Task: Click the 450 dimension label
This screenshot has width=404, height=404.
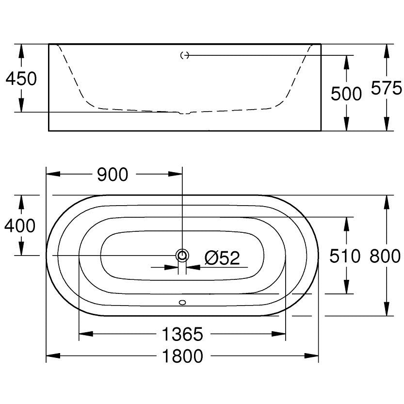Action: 21,79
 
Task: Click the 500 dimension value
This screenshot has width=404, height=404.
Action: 346,94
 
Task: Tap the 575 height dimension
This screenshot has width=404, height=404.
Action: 386,88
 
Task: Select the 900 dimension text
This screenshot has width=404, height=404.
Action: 113,175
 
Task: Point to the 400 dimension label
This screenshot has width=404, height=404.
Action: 20,226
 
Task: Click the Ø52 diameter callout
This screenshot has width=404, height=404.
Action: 222,258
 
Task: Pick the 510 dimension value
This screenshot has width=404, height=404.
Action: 345,256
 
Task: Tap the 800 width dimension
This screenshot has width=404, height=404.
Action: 385,256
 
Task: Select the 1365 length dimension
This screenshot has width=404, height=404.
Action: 182,334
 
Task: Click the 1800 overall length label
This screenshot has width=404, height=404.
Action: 182,356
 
